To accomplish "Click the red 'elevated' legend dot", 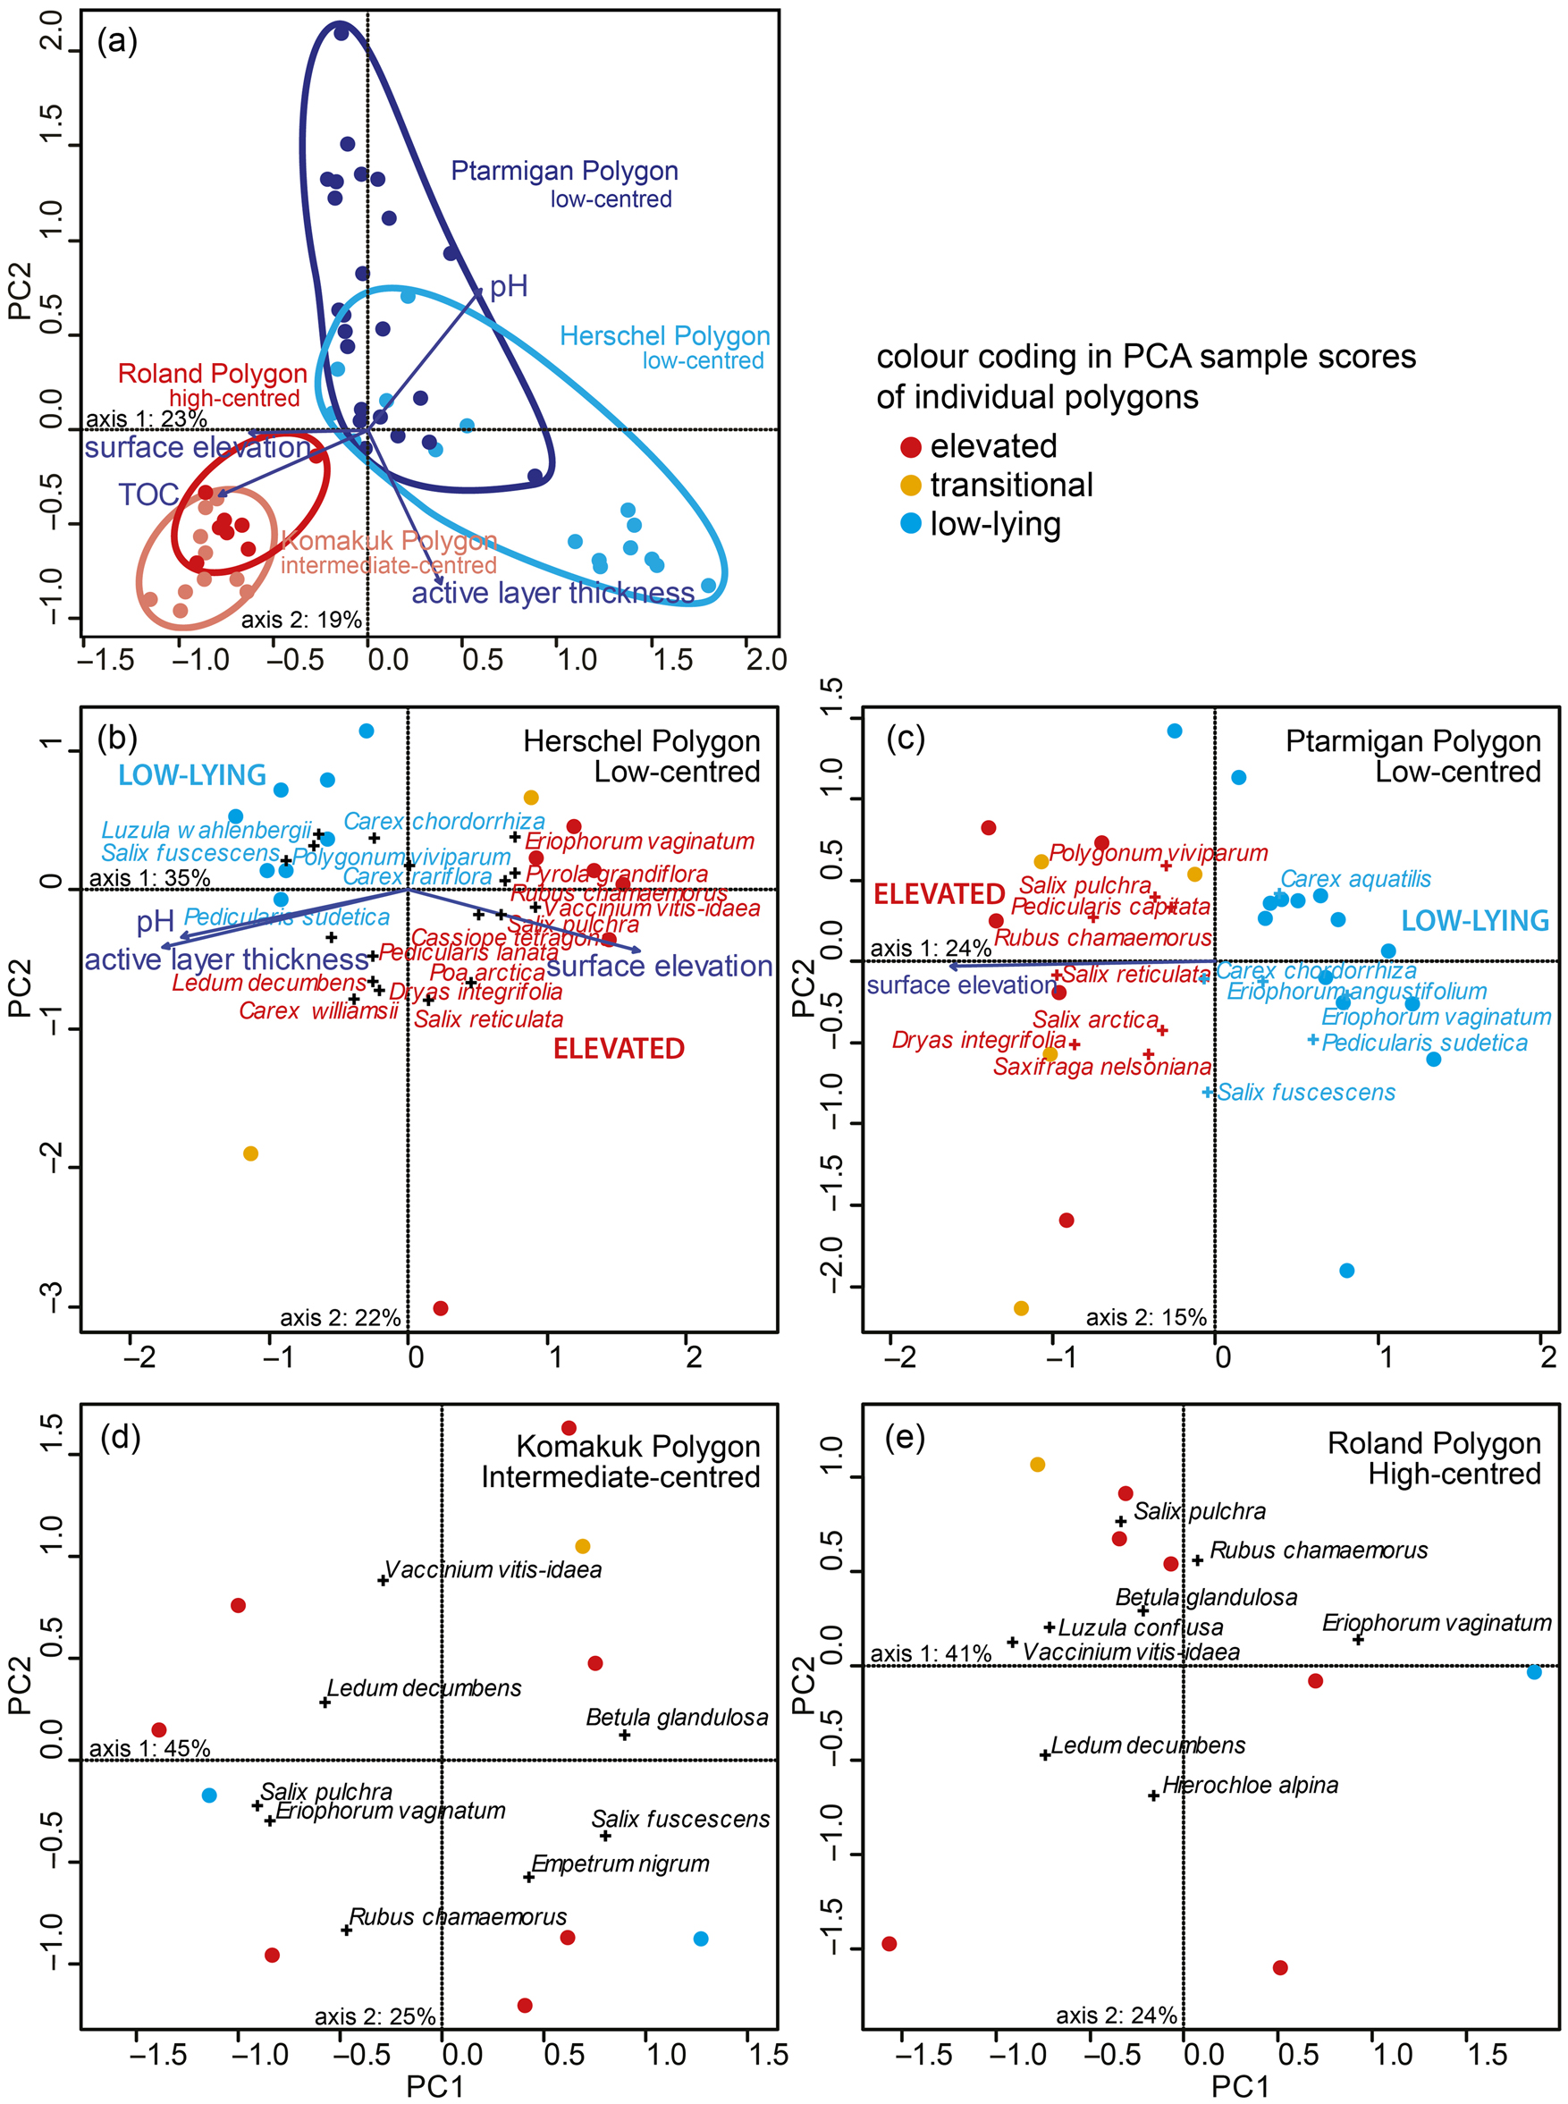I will click(x=910, y=447).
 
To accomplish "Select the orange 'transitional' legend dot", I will click(x=910, y=486).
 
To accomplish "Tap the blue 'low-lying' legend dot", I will click(x=910, y=524).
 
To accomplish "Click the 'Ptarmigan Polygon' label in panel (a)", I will click(x=564, y=171).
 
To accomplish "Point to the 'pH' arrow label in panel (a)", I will click(x=508, y=287).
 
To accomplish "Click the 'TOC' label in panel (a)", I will click(x=148, y=494).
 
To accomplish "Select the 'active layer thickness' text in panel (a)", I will click(x=552, y=594).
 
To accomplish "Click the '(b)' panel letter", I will click(x=117, y=738).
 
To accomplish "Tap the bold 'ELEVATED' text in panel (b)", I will click(x=619, y=1049).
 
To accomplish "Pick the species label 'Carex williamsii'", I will click(x=318, y=1010).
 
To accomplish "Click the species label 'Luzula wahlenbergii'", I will click(x=206, y=831).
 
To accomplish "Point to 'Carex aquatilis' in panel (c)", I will click(x=1355, y=879).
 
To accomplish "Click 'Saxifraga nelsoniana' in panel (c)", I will click(x=1102, y=1067).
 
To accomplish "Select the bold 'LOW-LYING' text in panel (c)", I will click(x=1475, y=921).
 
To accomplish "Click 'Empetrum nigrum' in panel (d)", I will click(x=620, y=1863).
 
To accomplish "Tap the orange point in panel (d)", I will click(x=583, y=1547).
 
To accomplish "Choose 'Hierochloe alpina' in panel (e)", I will click(x=1250, y=1785).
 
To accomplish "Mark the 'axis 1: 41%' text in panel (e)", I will click(x=931, y=1654).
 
